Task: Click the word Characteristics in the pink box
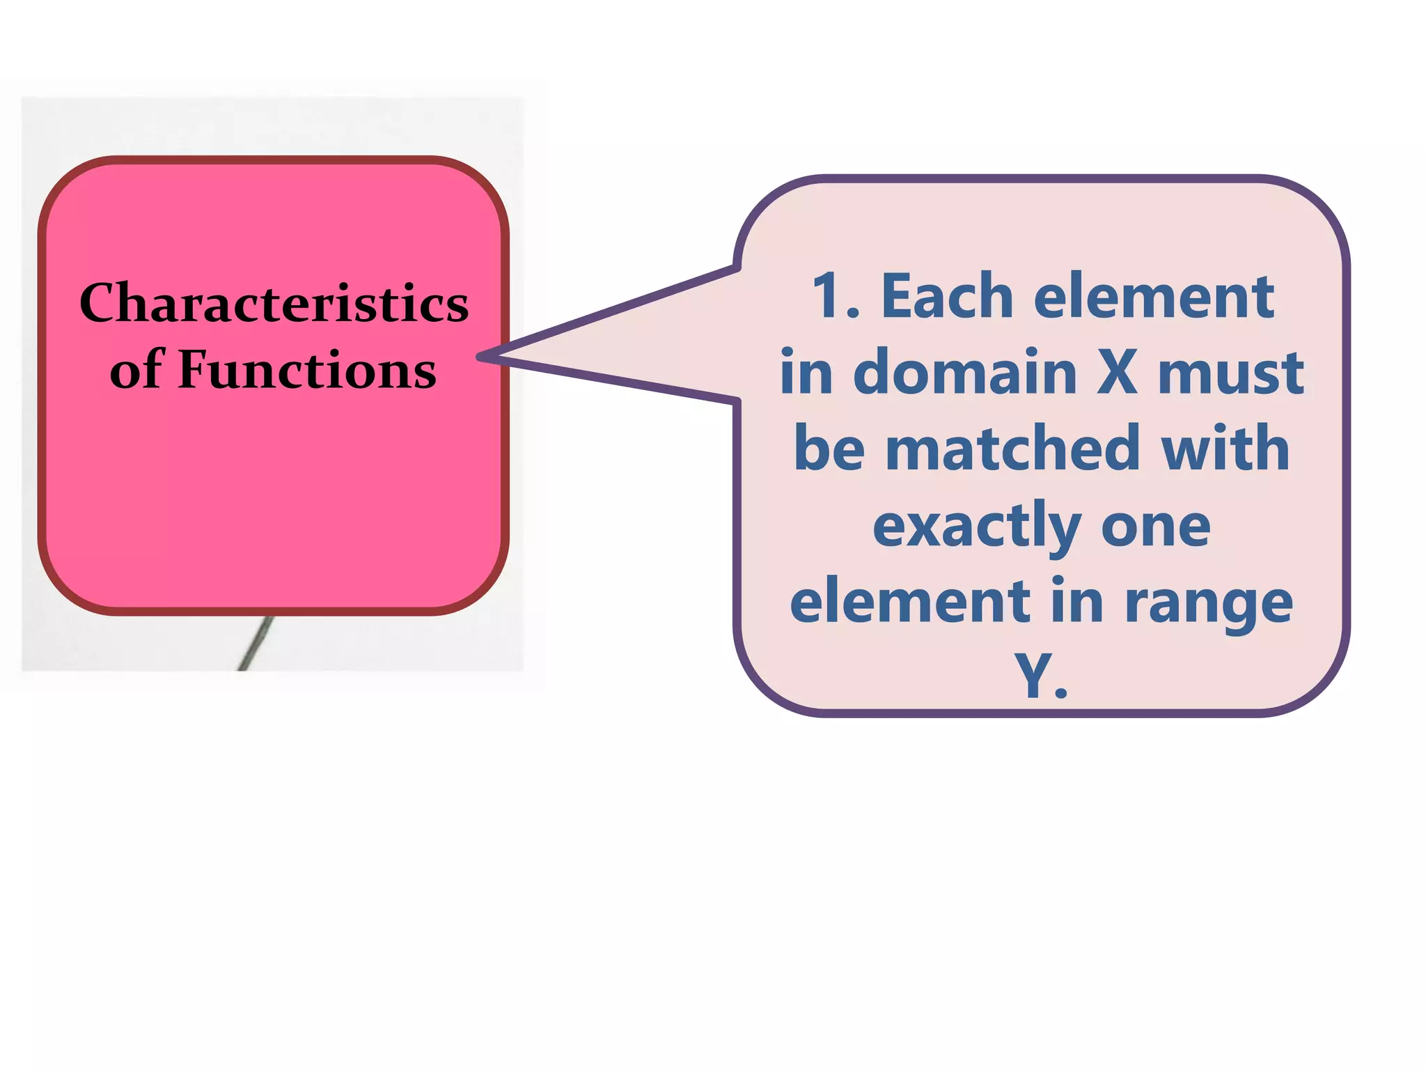point(274,303)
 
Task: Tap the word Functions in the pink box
point(307,369)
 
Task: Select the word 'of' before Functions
point(136,369)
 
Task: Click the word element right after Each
point(1154,297)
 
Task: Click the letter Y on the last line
point(1033,676)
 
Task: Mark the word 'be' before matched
point(829,449)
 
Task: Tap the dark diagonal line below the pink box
point(255,644)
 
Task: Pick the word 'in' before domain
point(806,373)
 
